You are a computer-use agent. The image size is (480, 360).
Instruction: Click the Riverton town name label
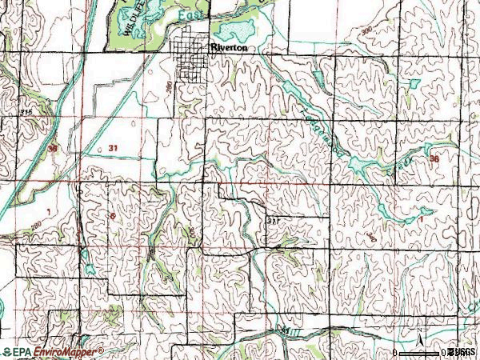pyautogui.click(x=234, y=48)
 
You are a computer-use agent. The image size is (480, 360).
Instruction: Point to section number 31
pyautogui.click(x=112, y=149)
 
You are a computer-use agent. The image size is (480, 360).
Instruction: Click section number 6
pyautogui.click(x=113, y=216)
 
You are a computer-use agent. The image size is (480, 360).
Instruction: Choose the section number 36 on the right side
pyautogui.click(x=434, y=159)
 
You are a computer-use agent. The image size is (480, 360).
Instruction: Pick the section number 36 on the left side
pyautogui.click(x=53, y=150)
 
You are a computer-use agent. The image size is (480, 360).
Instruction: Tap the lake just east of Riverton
pyautogui.click(x=238, y=30)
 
